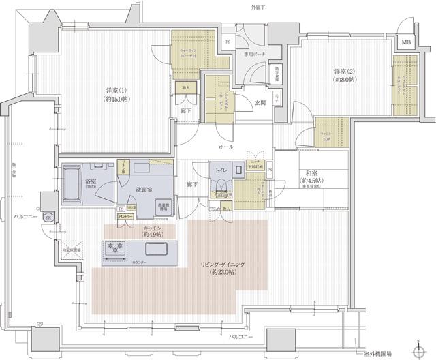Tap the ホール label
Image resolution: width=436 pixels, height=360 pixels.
pyautogui.click(x=226, y=147)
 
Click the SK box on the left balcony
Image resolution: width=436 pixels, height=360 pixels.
pyautogui.click(x=48, y=217)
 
